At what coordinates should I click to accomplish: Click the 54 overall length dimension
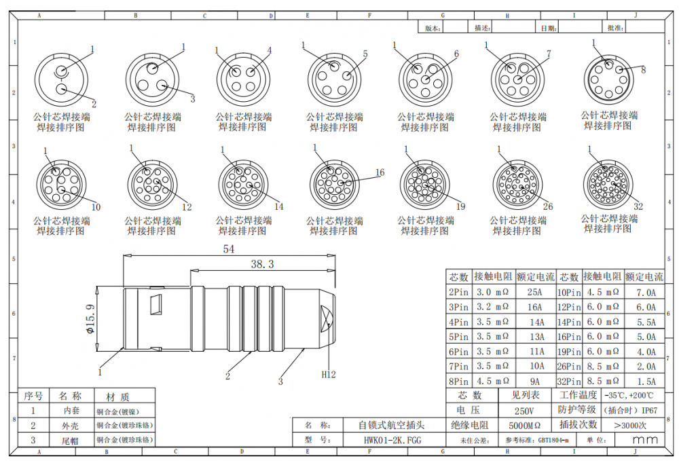229,249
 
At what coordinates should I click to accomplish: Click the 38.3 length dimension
262,263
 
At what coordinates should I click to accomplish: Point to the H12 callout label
329,374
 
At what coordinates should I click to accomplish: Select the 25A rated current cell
535,293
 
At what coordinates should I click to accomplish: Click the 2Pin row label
458,293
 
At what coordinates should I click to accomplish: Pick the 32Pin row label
568,382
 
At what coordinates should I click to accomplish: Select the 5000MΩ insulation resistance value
524,426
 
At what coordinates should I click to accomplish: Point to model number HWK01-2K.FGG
392,440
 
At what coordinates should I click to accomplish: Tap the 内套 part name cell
71,411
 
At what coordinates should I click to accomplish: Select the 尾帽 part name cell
71,440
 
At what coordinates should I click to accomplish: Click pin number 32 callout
638,206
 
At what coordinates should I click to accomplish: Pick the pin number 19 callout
460,206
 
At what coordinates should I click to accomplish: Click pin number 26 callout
548,206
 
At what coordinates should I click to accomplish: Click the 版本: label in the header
433,28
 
